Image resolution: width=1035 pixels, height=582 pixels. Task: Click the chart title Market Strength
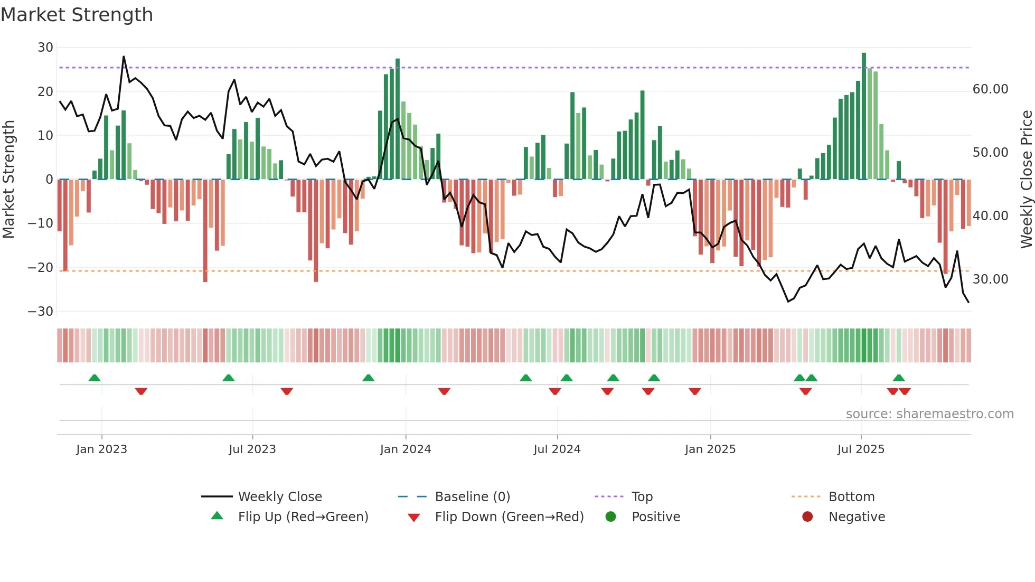[77, 15]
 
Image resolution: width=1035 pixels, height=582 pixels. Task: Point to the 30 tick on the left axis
[45, 48]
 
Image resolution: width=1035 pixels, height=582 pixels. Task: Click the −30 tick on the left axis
[41, 312]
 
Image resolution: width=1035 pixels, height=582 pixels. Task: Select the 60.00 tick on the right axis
[990, 89]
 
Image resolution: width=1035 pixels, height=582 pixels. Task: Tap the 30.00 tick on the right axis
[990, 279]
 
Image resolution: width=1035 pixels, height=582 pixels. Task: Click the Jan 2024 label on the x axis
[405, 449]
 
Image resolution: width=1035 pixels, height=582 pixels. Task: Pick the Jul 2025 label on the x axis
[860, 449]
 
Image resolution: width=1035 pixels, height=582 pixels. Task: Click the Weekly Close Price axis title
[1026, 180]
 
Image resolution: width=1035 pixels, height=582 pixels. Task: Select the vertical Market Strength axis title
[8, 180]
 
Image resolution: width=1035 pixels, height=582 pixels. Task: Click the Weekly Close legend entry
[279, 497]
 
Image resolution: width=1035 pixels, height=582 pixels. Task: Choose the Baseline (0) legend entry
[472, 497]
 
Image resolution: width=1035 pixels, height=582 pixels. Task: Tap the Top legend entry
[642, 497]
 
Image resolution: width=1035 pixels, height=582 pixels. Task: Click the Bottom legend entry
[851, 497]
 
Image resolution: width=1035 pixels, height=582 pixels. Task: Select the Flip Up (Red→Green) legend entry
[303, 517]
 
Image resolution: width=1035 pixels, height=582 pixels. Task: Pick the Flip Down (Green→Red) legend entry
[509, 517]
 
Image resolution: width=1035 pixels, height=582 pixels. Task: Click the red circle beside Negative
[807, 517]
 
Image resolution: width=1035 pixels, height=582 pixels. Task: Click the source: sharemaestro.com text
[929, 414]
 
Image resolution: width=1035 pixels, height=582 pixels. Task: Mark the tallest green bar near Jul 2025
[864, 116]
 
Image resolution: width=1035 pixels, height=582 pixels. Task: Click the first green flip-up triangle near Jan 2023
[95, 378]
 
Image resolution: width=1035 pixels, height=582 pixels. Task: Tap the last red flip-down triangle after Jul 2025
[905, 391]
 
